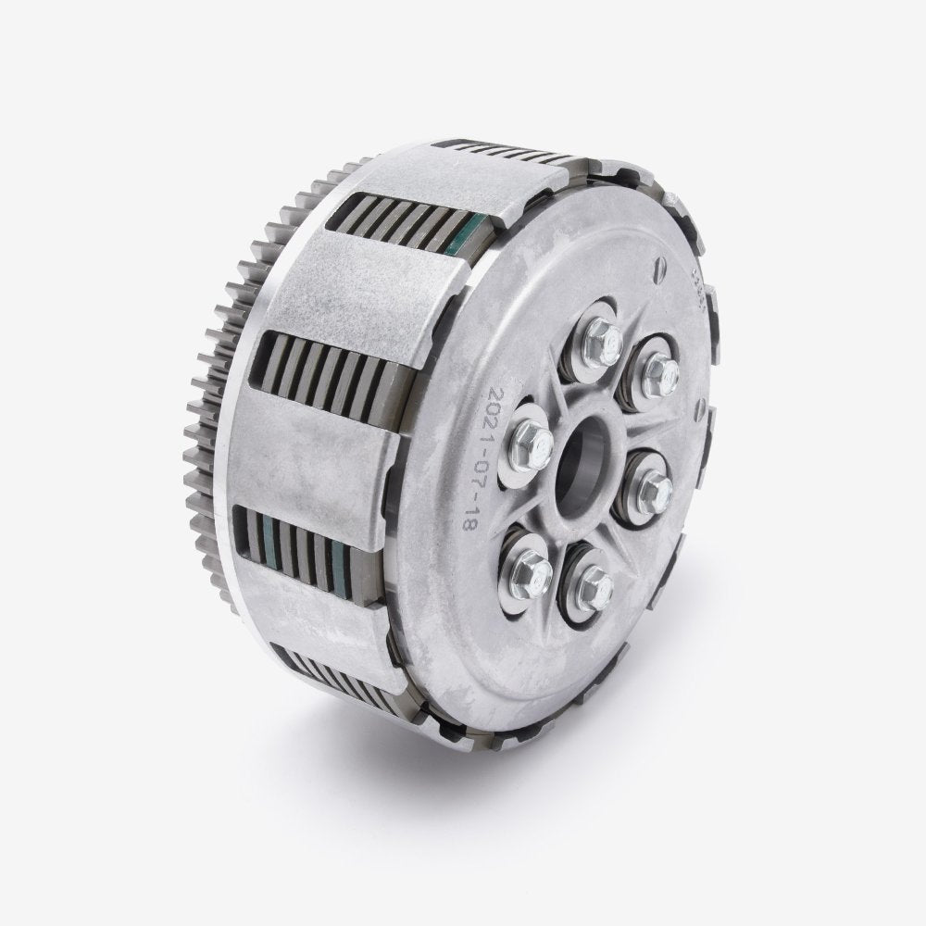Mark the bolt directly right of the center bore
(x=652, y=486)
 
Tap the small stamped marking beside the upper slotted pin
(x=696, y=278)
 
